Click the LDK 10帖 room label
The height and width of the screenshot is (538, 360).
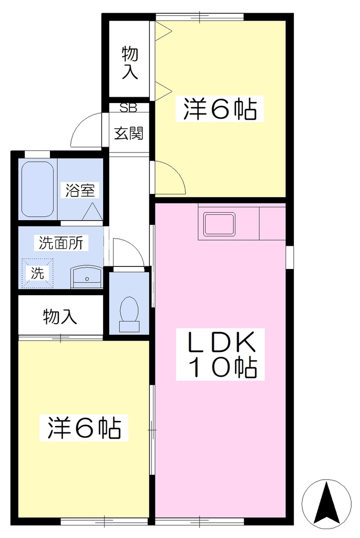[221, 354]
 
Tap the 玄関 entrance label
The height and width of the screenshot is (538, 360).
[128, 133]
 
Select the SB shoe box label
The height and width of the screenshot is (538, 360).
[128, 108]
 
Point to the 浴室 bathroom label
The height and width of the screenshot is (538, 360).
[80, 190]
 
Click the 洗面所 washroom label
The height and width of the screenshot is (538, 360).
[61, 243]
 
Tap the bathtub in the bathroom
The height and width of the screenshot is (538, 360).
[38, 189]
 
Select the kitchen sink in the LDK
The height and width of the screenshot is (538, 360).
[219, 224]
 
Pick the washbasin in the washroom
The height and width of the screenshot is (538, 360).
[87, 278]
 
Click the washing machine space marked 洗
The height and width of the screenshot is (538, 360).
[37, 273]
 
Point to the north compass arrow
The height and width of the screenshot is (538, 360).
[326, 504]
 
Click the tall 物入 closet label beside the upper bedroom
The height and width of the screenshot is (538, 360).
[130, 63]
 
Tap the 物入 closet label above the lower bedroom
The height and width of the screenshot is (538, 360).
[60, 316]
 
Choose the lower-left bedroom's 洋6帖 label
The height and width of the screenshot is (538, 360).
[84, 428]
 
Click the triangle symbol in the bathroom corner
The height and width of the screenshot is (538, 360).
[92, 212]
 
